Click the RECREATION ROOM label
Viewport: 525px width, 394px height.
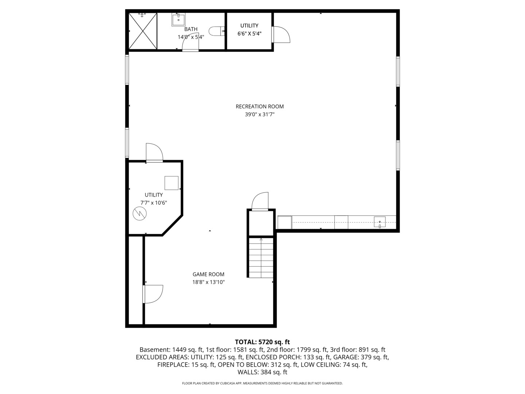[x=260, y=107]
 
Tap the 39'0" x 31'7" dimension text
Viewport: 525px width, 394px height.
[x=260, y=114]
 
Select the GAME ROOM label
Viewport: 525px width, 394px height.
[x=209, y=274]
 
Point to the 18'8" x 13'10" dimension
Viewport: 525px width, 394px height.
[x=209, y=282]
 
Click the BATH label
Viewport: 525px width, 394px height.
[x=191, y=29]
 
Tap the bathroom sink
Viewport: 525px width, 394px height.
[x=179, y=20]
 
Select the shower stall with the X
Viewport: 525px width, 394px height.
[x=142, y=31]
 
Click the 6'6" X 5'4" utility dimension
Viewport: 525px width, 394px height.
[x=249, y=33]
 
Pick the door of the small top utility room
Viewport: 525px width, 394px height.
[x=280, y=34]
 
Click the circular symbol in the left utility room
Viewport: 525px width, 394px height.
[x=139, y=213]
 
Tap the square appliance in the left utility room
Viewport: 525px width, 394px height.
[x=171, y=183]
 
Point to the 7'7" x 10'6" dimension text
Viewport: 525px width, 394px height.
[x=154, y=203]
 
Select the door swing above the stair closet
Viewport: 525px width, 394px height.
[x=261, y=201]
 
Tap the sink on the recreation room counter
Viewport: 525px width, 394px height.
[x=380, y=221]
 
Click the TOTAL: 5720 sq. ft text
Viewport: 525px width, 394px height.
[x=262, y=342]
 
